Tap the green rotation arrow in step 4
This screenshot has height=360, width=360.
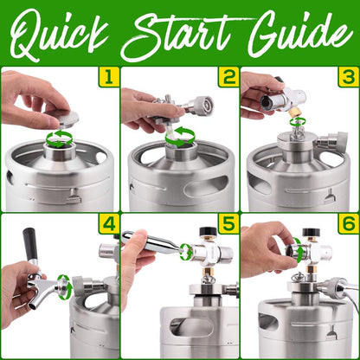click(62, 281)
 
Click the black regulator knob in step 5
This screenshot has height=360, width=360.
click(209, 233)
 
